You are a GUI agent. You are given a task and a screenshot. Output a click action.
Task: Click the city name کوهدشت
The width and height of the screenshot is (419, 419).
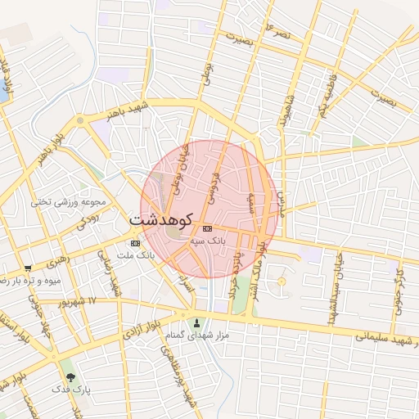[x=160, y=219]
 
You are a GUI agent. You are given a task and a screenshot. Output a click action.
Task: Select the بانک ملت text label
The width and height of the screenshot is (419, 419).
[x=136, y=255]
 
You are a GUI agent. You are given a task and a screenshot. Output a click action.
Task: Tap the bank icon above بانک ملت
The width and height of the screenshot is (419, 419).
[x=135, y=243]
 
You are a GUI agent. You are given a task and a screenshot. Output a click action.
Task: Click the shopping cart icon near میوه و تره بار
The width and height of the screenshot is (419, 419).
[x=28, y=268]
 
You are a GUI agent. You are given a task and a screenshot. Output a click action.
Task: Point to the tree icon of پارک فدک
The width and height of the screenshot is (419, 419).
[x=70, y=377]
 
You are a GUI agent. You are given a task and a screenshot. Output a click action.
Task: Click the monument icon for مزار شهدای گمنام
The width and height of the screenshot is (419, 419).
[x=196, y=322]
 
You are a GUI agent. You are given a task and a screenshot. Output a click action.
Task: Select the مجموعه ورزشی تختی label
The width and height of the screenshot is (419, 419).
[x=69, y=201]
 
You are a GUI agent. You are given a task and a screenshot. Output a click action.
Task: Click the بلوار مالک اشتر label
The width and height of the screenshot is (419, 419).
[x=259, y=267]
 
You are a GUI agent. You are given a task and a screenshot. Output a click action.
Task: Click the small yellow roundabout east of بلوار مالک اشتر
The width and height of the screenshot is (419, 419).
[x=282, y=282]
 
